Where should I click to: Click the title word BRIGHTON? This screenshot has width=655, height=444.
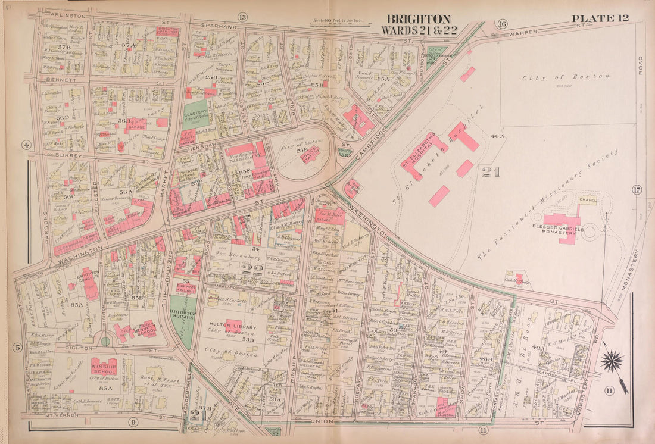click(419, 19)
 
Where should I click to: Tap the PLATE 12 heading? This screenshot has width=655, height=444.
click(600, 18)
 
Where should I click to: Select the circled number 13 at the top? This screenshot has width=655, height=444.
click(242, 17)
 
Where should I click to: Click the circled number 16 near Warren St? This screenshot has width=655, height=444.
click(503, 24)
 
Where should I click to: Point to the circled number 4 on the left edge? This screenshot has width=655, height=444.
click(26, 145)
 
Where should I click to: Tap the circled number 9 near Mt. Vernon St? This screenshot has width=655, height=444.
click(133, 423)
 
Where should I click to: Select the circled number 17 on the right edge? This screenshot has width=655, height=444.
click(637, 190)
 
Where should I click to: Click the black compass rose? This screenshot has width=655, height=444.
click(612, 361)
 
